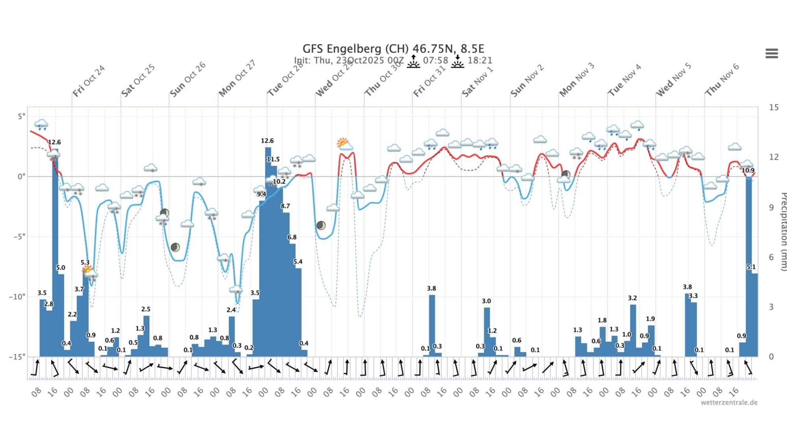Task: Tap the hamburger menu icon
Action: click(771, 53)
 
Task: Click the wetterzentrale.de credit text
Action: click(729, 402)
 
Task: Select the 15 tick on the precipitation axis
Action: click(774, 108)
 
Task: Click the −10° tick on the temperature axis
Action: click(17, 297)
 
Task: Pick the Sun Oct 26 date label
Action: click(188, 79)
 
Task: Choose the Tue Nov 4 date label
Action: click(624, 80)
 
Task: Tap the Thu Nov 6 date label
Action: click(722, 80)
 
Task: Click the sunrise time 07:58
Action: click(436, 61)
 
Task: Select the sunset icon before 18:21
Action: click(457, 61)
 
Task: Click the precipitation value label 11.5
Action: click(273, 159)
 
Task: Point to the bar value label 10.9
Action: click(748, 171)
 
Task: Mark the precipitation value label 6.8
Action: click(292, 237)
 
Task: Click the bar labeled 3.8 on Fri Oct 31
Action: click(432, 325)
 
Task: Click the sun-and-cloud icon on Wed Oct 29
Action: click(344, 144)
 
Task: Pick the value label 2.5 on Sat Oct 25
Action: click(146, 309)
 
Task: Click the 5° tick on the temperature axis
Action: click(21, 116)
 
